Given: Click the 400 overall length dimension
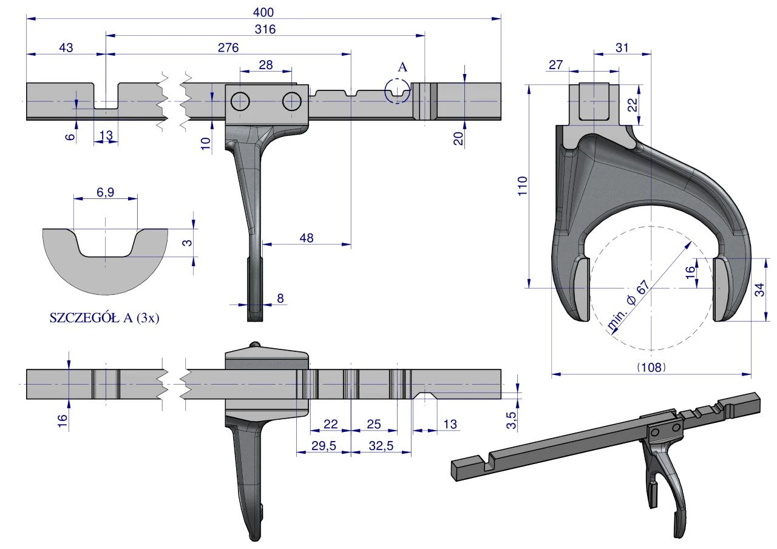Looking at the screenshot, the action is point(263,12).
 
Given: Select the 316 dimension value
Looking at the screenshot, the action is point(265,29).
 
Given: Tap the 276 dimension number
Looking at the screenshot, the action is point(228,47).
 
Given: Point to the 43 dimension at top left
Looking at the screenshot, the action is point(66,47).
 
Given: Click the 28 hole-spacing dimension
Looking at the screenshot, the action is point(266,65).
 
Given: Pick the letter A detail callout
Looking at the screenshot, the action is point(402,67).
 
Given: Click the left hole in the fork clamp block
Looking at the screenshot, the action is point(240,101).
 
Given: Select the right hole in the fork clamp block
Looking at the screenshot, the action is point(292,101).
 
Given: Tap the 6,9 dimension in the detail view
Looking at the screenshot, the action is point(105,192).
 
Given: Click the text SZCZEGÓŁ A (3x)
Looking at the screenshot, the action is point(104,318).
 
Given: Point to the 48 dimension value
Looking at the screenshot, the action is point(307,238).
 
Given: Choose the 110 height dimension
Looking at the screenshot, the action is point(523,186).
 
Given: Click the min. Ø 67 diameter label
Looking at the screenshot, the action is point(628,305).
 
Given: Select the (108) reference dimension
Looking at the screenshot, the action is point(651,367).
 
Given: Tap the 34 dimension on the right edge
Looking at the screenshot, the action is point(759,290).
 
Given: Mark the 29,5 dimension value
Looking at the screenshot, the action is point(324,446).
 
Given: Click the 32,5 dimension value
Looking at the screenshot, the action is point(381,446).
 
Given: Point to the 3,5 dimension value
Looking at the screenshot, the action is point(511,420).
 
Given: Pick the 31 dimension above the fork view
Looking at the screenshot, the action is point(622,47).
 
